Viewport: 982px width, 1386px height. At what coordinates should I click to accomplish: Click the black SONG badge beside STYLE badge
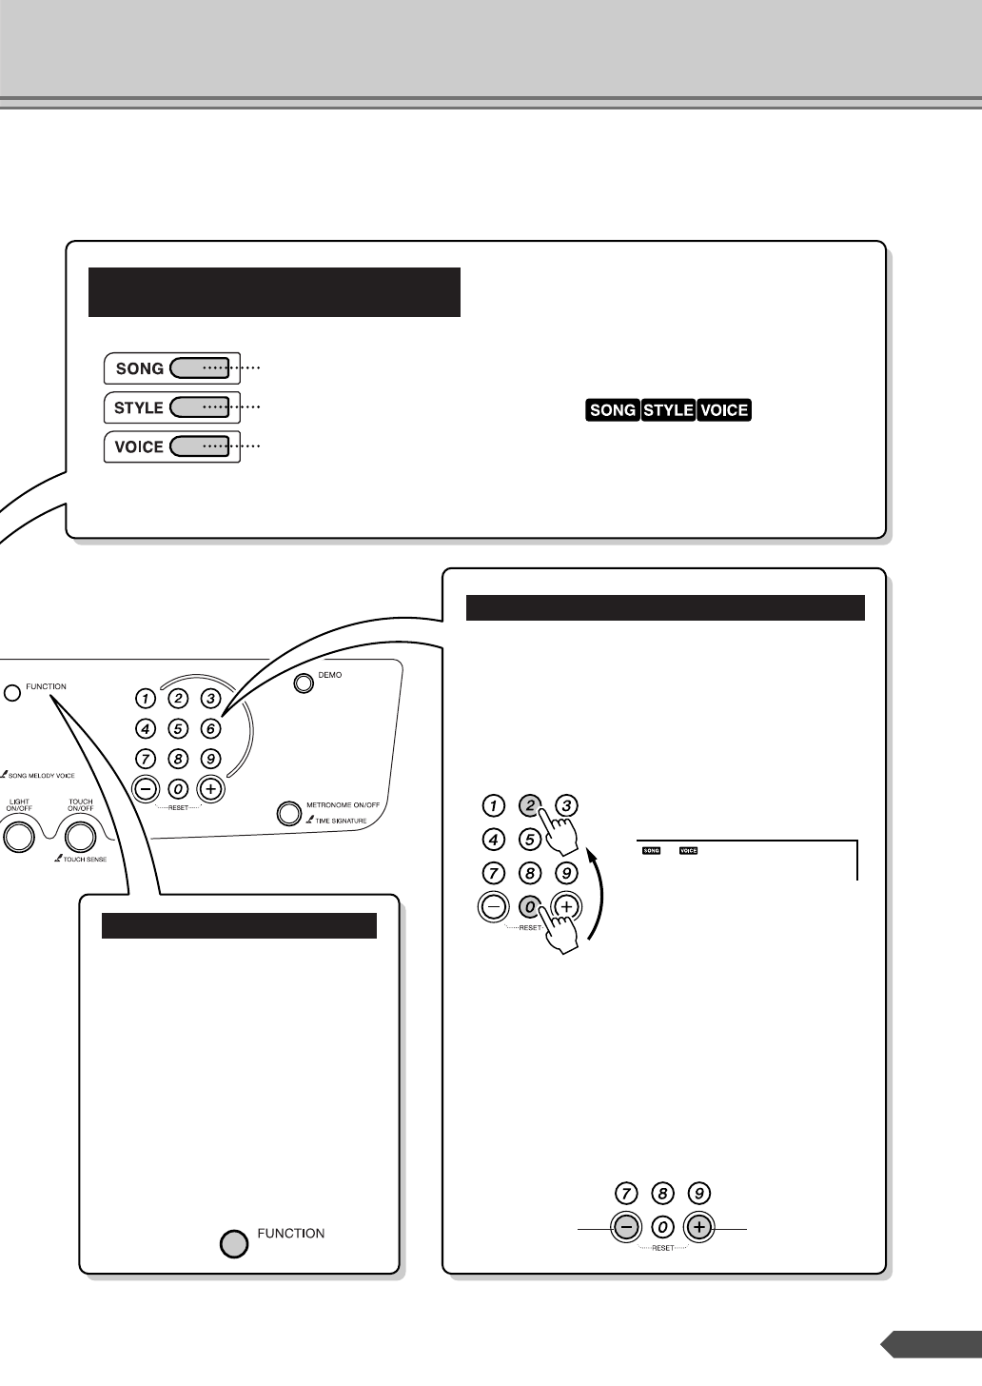tap(613, 410)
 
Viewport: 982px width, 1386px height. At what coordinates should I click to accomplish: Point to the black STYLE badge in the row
tap(668, 410)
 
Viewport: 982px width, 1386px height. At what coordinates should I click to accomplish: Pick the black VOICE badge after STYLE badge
tap(724, 410)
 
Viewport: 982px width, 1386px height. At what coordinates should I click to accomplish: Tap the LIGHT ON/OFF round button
tap(18, 836)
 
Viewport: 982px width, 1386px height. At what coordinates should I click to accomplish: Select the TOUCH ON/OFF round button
tap(81, 836)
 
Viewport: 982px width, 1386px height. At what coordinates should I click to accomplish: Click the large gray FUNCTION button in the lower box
tap(234, 1243)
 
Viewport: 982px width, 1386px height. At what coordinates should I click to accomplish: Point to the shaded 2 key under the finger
tap(528, 805)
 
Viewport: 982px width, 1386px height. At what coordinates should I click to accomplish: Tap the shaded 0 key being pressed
tap(530, 907)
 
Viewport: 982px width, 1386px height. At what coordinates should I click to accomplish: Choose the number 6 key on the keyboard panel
tap(211, 730)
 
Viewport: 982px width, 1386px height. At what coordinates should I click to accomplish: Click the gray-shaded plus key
tap(699, 1227)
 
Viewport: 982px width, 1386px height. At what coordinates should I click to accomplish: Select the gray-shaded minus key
tap(626, 1227)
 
